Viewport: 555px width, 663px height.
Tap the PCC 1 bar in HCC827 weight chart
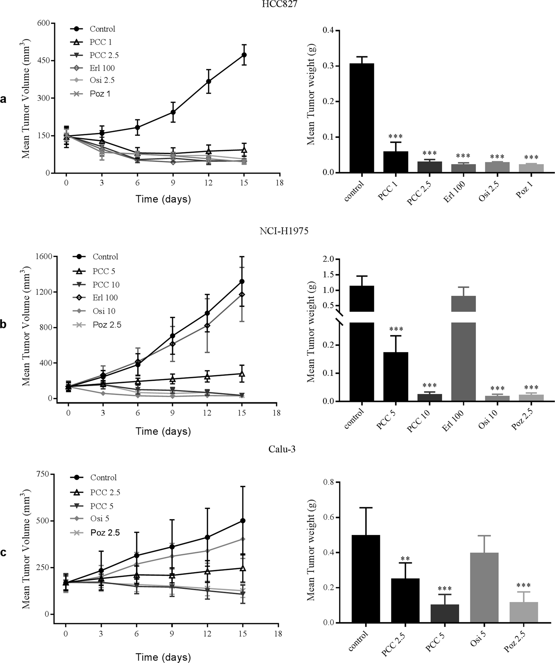pyautogui.click(x=396, y=162)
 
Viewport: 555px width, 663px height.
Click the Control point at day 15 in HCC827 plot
pyautogui.click(x=244, y=55)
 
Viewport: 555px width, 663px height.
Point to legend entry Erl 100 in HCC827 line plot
pyautogui.click(x=102, y=68)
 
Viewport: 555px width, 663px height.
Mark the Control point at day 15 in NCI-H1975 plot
pyautogui.click(x=242, y=281)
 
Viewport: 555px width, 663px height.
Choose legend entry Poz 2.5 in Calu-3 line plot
pyautogui.click(x=105, y=532)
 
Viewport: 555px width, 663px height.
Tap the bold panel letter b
pyautogui.click(x=4, y=324)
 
